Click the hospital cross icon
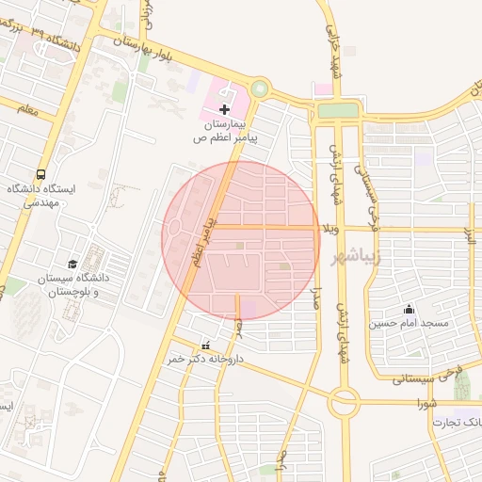(224, 110)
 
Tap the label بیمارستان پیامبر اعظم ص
(226, 131)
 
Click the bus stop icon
(40, 175)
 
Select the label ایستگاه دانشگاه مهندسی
(34, 196)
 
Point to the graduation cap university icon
(72, 264)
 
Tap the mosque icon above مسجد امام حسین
(409, 309)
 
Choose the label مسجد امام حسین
(410, 324)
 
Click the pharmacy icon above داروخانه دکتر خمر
(205, 345)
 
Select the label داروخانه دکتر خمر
(201, 359)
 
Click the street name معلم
(27, 110)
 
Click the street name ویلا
(329, 228)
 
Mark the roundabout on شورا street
(343, 404)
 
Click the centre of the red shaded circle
(241, 240)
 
